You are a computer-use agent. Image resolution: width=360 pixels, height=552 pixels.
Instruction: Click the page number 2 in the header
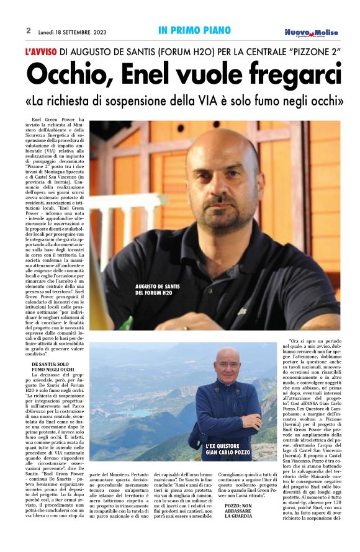click(29, 30)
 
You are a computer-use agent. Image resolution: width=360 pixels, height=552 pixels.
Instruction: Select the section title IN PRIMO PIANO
click(194, 30)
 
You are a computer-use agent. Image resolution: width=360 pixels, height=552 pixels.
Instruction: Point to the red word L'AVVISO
click(42, 52)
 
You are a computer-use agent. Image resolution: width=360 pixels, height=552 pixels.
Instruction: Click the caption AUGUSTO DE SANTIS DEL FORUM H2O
click(157, 290)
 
